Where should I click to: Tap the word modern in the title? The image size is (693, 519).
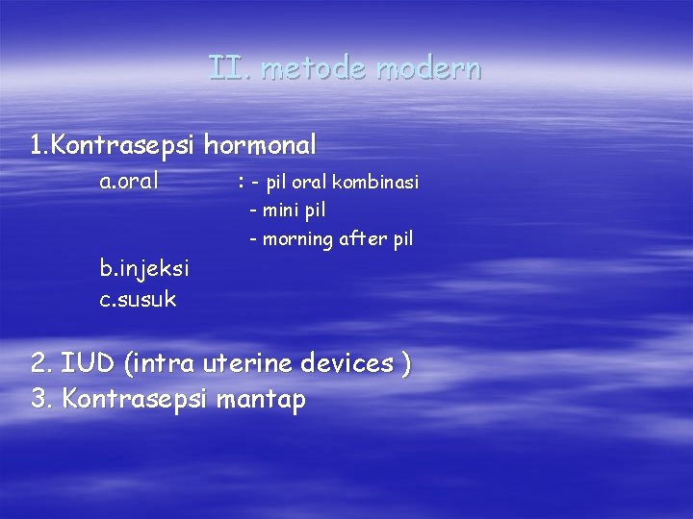(x=428, y=69)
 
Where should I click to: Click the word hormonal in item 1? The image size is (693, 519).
(x=259, y=145)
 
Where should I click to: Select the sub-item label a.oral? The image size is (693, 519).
(x=129, y=181)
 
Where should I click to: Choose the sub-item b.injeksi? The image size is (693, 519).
(x=144, y=268)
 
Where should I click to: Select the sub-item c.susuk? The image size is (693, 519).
(x=138, y=299)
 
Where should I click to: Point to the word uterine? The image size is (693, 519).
(x=248, y=363)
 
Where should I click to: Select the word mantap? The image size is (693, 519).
(x=260, y=399)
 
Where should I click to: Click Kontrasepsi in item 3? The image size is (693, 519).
(x=134, y=399)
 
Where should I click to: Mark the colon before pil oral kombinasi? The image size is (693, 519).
(x=240, y=182)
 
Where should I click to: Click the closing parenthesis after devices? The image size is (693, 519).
(x=406, y=364)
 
